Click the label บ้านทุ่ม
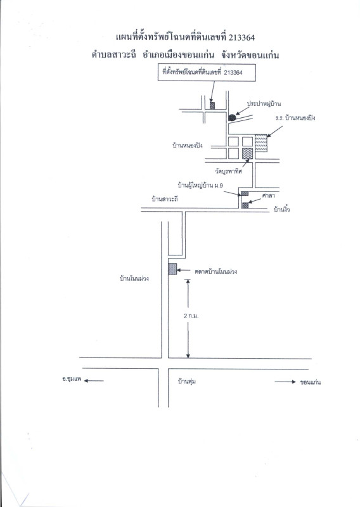click(x=186, y=382)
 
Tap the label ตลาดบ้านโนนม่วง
click(x=215, y=271)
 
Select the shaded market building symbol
click(x=173, y=269)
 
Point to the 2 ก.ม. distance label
click(x=191, y=316)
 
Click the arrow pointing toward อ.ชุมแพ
click(x=94, y=381)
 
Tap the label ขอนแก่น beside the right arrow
click(x=310, y=382)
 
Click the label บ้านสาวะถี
click(x=165, y=199)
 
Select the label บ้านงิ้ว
click(x=281, y=210)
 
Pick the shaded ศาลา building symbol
click(x=245, y=205)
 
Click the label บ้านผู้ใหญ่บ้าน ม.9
click(x=200, y=186)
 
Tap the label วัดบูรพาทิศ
click(x=229, y=171)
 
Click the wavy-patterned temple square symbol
click(x=247, y=153)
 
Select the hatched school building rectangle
click(x=261, y=143)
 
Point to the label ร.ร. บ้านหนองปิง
click(x=295, y=118)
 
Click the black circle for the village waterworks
click(x=232, y=118)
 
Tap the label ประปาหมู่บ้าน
click(x=264, y=104)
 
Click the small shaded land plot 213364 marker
click(x=212, y=105)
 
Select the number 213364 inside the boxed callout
click(x=233, y=73)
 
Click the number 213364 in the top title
click(x=241, y=38)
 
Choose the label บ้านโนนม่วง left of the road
click(x=134, y=278)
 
